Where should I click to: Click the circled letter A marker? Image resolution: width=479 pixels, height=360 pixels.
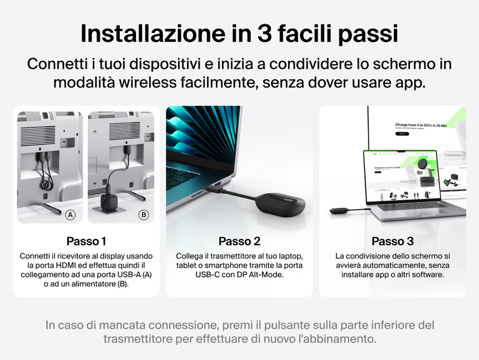[x=70, y=215]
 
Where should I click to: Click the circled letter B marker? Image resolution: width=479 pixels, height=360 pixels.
[x=144, y=215]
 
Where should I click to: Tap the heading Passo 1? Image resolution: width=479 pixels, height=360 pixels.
[x=86, y=241]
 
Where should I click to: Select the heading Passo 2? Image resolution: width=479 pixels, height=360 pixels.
[x=239, y=241]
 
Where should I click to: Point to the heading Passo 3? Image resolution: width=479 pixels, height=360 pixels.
[x=392, y=241]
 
